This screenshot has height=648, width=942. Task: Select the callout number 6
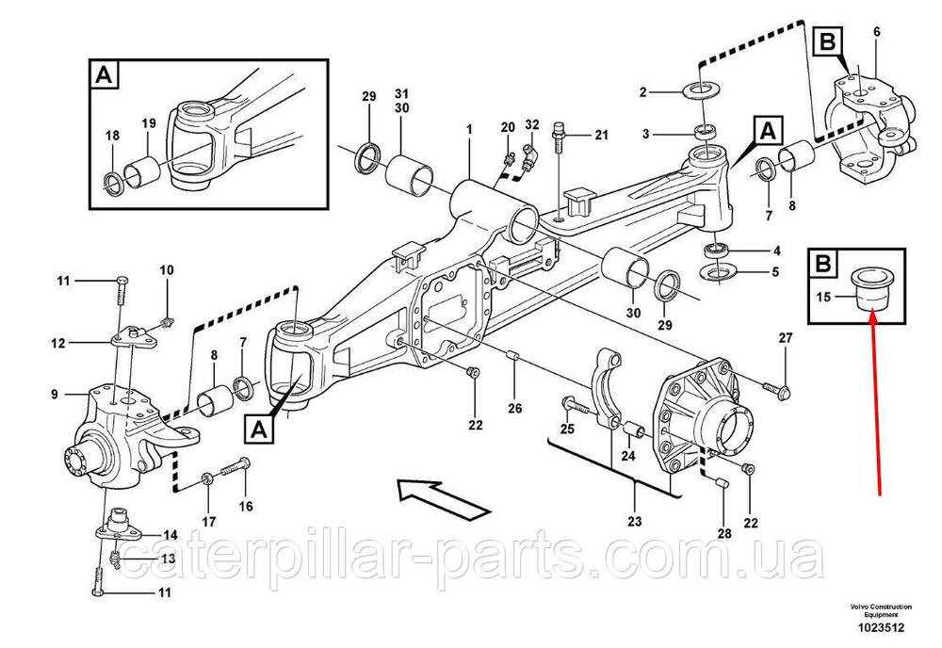[x=876, y=33]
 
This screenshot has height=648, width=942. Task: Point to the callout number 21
[x=601, y=136]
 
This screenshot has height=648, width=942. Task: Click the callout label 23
[x=634, y=522]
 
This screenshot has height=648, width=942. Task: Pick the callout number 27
[x=786, y=338]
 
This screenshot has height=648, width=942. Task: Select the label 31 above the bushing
[x=402, y=95]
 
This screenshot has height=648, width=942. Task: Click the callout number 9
[x=55, y=393]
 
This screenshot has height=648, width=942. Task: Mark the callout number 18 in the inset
[x=112, y=136]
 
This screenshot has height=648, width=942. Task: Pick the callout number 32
[x=532, y=124]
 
